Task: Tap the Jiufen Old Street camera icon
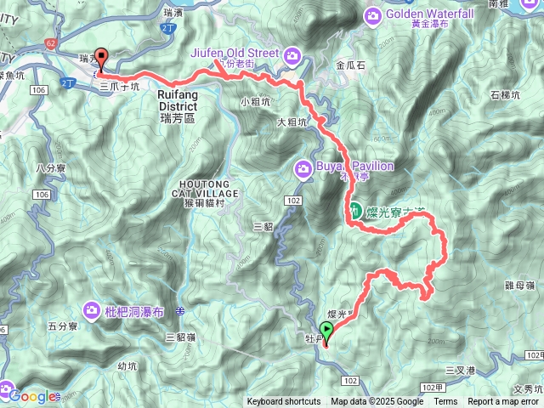point(292,54)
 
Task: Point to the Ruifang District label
point(178,101)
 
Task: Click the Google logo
point(33,396)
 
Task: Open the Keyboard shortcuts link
point(284,402)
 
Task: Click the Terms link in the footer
point(445,402)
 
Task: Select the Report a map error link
point(503,402)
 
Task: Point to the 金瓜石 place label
point(351,65)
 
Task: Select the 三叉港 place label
point(461,370)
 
